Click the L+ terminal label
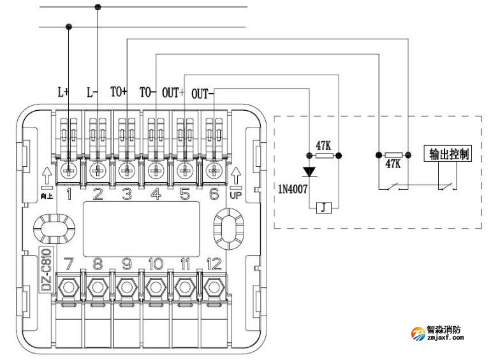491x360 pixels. click(x=64, y=92)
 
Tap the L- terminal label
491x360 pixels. click(x=92, y=92)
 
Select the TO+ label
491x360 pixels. click(x=120, y=92)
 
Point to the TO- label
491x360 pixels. click(x=148, y=92)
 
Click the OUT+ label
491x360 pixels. click(x=173, y=92)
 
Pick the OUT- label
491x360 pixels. click(x=203, y=92)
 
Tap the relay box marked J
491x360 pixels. click(x=324, y=208)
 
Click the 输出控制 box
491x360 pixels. click(x=450, y=154)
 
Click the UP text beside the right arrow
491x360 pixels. click(x=235, y=195)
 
